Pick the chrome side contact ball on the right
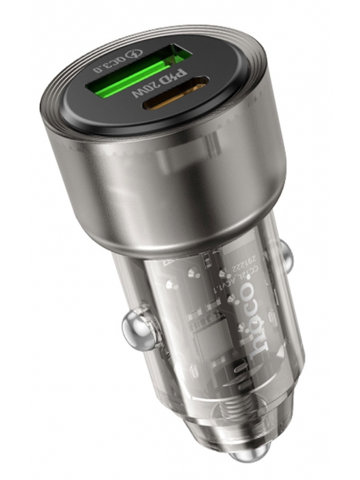287,252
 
